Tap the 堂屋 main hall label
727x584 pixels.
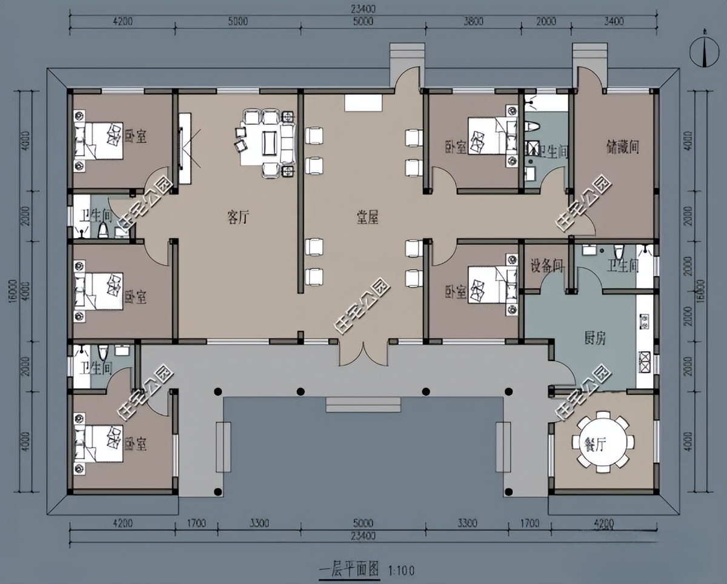coord(367,219)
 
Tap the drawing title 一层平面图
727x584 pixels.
coord(349,569)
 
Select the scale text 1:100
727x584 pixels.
coord(401,570)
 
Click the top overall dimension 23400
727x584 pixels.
coord(362,8)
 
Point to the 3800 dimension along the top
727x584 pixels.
coord(473,21)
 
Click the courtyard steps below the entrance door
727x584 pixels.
coord(363,404)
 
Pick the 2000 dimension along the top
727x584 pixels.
coord(546,21)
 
